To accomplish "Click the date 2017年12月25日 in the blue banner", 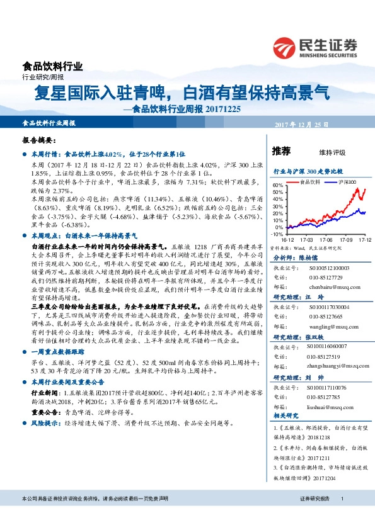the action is (x=301, y=125).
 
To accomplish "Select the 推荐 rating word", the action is (x=281, y=151).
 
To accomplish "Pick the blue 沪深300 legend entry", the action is (x=343, y=181).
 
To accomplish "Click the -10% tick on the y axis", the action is (x=277, y=233).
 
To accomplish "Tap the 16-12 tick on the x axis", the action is (x=287, y=239).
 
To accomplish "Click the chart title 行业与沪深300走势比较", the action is (x=308, y=171).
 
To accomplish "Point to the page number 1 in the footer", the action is (x=342, y=516).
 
